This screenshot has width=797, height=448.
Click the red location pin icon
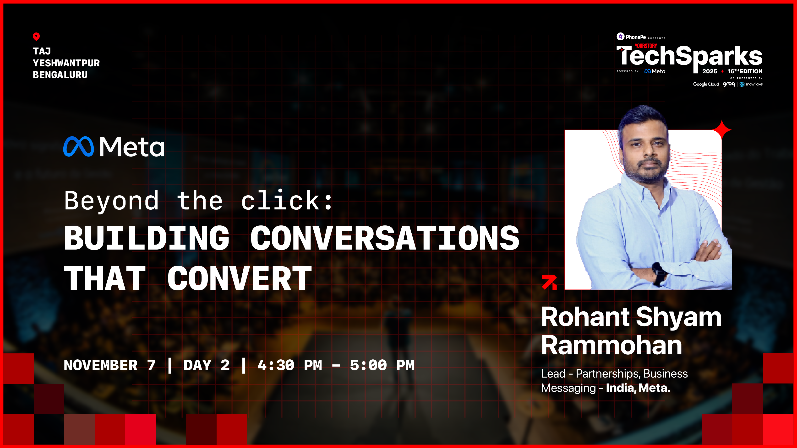(x=36, y=37)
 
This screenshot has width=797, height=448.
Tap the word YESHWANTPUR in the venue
(x=66, y=63)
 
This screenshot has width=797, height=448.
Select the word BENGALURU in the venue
(x=60, y=75)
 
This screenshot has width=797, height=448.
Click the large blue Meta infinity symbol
(x=79, y=147)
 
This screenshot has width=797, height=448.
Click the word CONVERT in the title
(x=240, y=279)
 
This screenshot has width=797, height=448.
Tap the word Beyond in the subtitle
(x=111, y=201)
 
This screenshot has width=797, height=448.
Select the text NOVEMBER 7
(x=109, y=365)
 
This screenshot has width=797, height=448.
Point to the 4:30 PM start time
(x=289, y=365)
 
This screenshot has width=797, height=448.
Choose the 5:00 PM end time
(x=382, y=365)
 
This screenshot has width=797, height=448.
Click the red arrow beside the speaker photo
(x=549, y=282)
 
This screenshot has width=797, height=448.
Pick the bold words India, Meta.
(x=638, y=388)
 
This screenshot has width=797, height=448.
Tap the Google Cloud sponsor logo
(x=706, y=84)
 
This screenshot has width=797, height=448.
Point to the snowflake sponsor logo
(x=751, y=84)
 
